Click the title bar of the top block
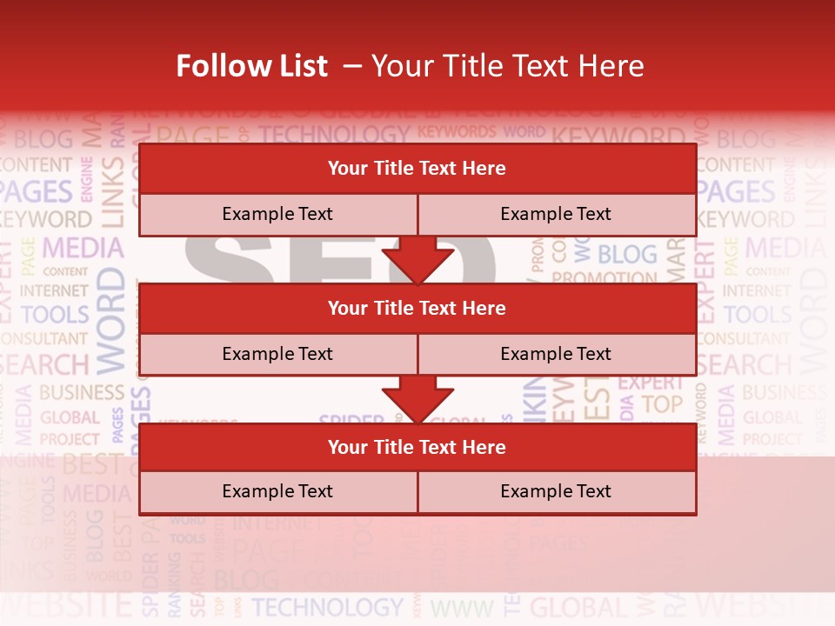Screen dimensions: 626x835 pyautogui.click(x=417, y=169)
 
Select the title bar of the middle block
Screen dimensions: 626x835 pyautogui.click(x=417, y=308)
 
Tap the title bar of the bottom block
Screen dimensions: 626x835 pyautogui.click(x=417, y=447)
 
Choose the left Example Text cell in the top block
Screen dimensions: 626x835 pyautogui.click(x=277, y=214)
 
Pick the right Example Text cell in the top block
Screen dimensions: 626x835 pyautogui.click(x=556, y=214)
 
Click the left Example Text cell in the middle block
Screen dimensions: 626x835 pyautogui.click(x=277, y=354)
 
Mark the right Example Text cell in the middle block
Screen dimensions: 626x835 pyautogui.click(x=556, y=354)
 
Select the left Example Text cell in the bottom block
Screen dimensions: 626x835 pyautogui.click(x=277, y=491)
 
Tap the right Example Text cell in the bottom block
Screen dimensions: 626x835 pyautogui.click(x=556, y=491)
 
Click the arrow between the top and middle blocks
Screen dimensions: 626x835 pyautogui.click(x=417, y=260)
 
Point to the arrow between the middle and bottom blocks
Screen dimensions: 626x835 pyautogui.click(x=417, y=399)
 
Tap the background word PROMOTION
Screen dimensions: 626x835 pyautogui.click(x=605, y=278)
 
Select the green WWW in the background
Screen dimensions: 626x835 pyautogui.click(x=462, y=608)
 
